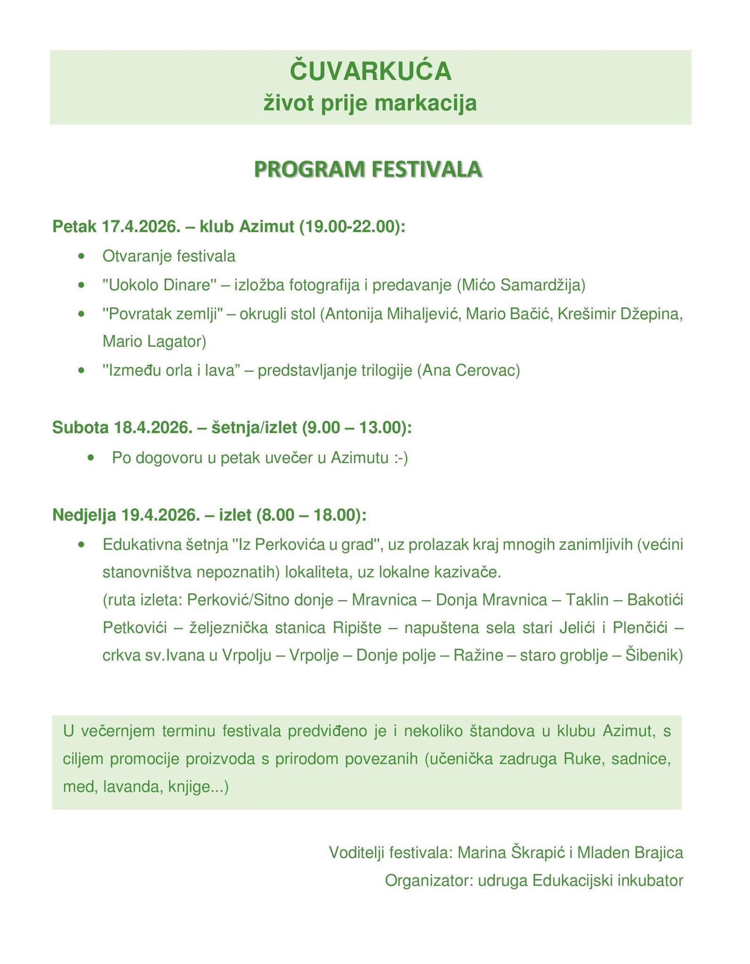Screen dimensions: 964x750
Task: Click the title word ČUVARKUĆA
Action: click(371, 72)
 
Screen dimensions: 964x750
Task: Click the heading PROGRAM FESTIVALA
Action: click(368, 169)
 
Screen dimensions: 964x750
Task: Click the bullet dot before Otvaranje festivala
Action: click(83, 257)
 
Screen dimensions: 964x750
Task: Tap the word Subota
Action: click(81, 427)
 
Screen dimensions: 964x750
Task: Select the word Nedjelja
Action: click(84, 515)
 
